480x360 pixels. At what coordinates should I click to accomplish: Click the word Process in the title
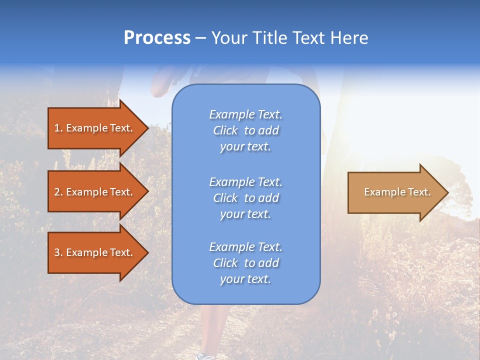(x=157, y=38)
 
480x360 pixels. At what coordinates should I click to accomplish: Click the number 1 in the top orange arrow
(x=57, y=128)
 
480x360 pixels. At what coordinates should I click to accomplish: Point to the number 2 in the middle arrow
(x=57, y=192)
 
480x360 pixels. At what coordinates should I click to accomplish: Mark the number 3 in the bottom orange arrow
(x=57, y=252)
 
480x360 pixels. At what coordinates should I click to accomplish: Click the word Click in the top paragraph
(x=225, y=131)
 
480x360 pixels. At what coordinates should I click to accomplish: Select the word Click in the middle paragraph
(x=225, y=198)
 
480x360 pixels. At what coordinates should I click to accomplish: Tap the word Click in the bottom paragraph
(x=225, y=263)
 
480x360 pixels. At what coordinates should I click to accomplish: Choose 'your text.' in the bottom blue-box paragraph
(x=245, y=279)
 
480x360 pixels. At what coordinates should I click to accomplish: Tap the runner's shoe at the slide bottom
(x=205, y=356)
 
